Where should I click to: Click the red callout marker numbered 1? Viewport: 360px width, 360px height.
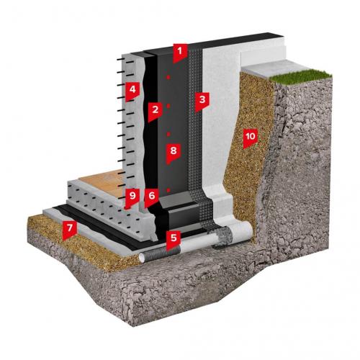tap(179, 53)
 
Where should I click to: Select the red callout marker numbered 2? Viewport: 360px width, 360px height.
tap(155, 112)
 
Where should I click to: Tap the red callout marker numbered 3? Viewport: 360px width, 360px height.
tap(202, 102)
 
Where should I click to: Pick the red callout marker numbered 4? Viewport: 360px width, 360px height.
tap(132, 91)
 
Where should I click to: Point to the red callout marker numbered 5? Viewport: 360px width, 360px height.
tap(174, 240)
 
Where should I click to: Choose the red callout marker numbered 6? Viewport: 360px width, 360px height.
tap(152, 197)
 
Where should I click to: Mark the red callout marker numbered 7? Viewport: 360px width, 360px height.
tap(70, 230)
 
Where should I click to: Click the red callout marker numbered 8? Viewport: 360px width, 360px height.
tap(174, 153)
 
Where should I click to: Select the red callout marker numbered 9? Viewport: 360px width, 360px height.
tap(132, 198)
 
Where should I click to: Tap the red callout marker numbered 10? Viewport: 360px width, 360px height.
tap(251, 138)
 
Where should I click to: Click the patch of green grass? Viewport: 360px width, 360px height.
tap(300, 76)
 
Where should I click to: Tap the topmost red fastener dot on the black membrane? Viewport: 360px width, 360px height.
tap(168, 77)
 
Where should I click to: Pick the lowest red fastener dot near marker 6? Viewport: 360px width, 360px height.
tap(168, 190)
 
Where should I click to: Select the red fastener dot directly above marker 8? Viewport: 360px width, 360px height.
tap(168, 134)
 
